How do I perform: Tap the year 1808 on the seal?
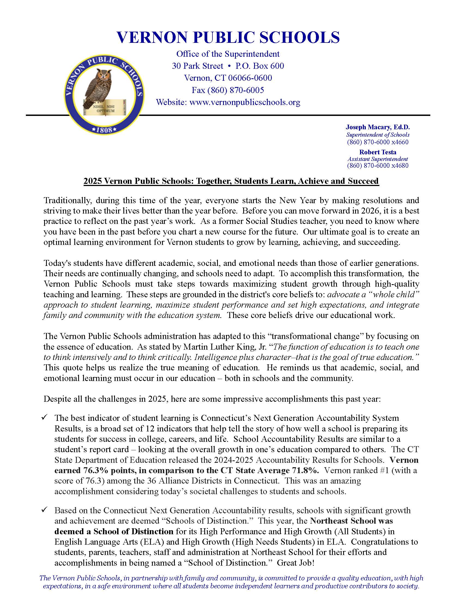coord(105,129)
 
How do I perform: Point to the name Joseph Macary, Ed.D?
coord(377,127)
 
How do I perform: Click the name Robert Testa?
coord(377,152)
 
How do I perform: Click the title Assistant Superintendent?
coord(377,159)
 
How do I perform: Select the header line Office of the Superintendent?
coord(228,54)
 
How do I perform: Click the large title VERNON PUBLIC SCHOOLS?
coord(228,37)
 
